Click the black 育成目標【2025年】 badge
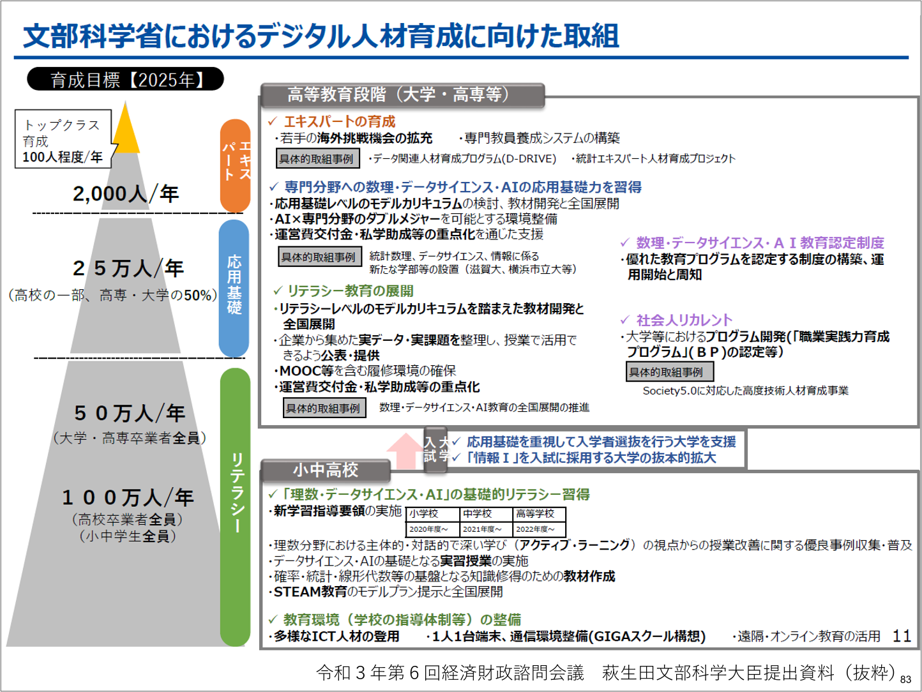pyautogui.click(x=125, y=79)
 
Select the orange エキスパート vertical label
pyautogui.click(x=234, y=164)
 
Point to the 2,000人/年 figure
pyautogui.click(x=125, y=193)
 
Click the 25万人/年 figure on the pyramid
pyautogui.click(x=128, y=268)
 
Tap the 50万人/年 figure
pyautogui.click(x=130, y=413)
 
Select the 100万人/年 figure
pyautogui.click(x=128, y=497)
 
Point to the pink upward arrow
pyautogui.click(x=404, y=450)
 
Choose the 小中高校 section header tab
pyautogui.click(x=326, y=470)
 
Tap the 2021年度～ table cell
pyautogui.click(x=485, y=529)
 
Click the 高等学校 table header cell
pyautogui.click(x=539, y=514)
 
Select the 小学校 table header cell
pyautogui.click(x=432, y=514)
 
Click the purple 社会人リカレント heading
pyautogui.click(x=684, y=320)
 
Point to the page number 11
pyautogui.click(x=902, y=636)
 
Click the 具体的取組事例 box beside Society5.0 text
pyautogui.click(x=669, y=372)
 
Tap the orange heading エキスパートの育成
pyautogui.click(x=339, y=121)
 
